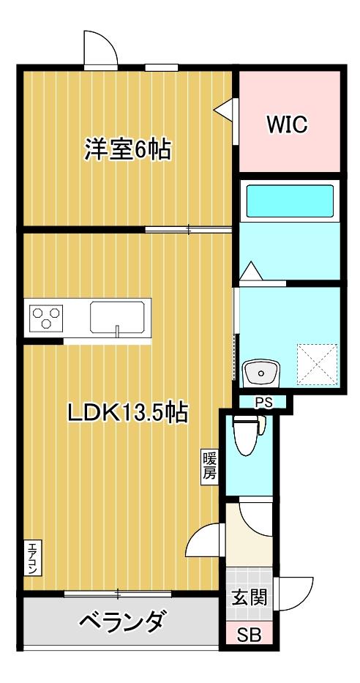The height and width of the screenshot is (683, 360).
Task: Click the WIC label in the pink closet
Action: pos(286,124)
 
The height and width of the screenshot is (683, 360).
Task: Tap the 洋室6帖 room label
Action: pos(127,149)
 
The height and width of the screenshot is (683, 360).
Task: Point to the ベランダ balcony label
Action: pos(120,623)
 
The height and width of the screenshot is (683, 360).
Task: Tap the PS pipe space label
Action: pos(263,402)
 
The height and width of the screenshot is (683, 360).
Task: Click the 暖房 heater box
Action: pos(209,466)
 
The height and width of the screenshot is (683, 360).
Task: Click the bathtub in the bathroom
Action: pos(290,201)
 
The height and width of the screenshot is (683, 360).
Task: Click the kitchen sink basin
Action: pos(118,318)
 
